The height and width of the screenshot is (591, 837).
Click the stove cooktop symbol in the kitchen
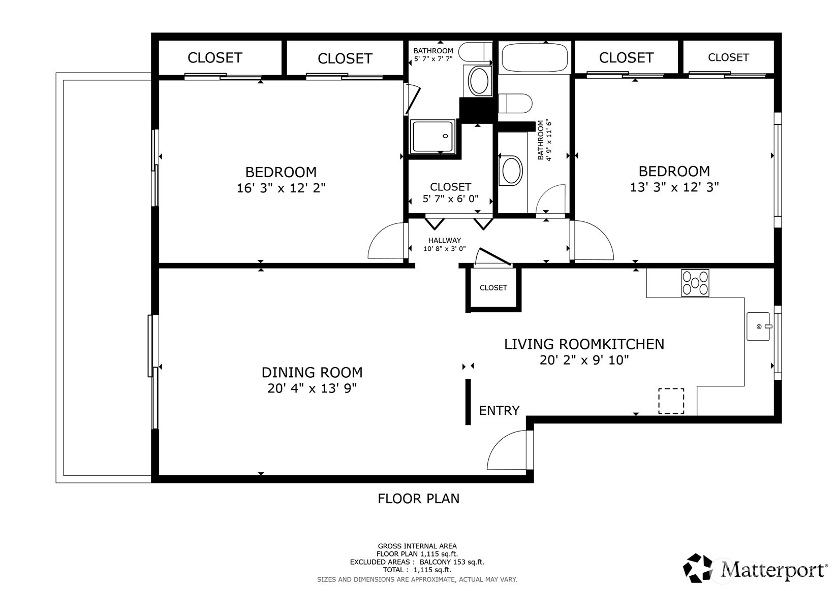coord(695,283)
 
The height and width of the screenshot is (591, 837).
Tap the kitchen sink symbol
coord(758,326)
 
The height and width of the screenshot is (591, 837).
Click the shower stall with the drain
coord(432,137)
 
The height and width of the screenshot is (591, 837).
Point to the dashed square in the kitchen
coord(671,401)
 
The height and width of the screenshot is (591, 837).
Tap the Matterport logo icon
coord(698,568)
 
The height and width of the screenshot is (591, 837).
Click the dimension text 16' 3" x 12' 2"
coord(281,188)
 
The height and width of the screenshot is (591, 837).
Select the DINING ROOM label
coord(312,373)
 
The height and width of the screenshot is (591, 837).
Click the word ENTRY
coord(499,410)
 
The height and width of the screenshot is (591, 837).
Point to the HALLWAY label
coord(444,240)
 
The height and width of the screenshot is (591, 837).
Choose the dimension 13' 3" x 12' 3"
coord(674,187)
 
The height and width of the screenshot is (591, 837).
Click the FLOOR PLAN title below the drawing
coord(418,499)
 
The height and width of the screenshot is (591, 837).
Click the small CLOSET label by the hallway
coord(493,287)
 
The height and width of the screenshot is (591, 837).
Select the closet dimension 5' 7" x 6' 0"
coord(450,199)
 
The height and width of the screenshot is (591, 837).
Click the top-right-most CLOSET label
coord(728,57)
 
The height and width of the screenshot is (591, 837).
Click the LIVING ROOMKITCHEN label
coord(584,344)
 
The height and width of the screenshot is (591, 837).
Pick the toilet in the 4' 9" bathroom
coord(515,103)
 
